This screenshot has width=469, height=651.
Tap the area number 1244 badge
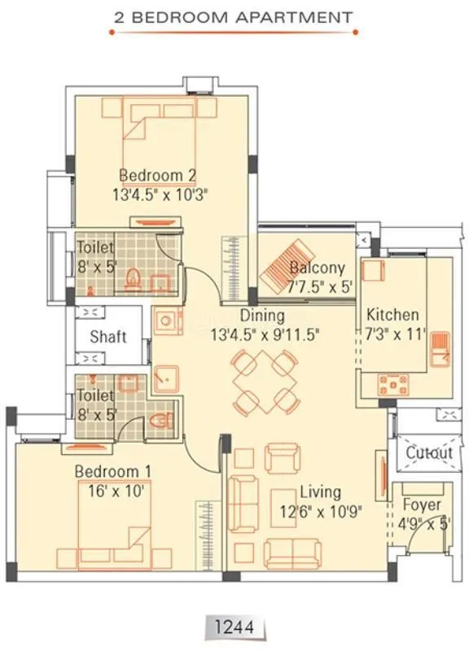click(234, 627)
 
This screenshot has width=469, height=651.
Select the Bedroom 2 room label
click(157, 175)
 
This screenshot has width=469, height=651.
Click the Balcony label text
click(317, 268)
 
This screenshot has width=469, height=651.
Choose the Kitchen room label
click(392, 315)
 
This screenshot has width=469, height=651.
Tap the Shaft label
click(107, 337)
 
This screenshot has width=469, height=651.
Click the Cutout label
click(428, 452)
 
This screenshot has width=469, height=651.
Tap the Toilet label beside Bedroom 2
click(96, 247)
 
